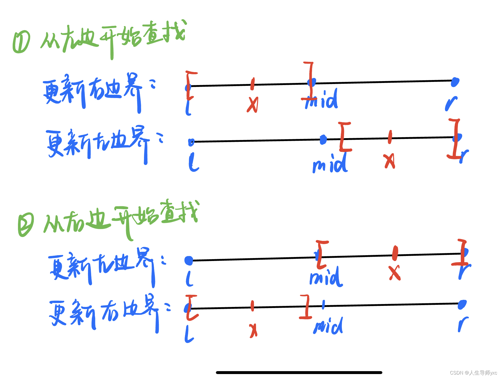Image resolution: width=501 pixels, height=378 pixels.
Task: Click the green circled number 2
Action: [x=26, y=224]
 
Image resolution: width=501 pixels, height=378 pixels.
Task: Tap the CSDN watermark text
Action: [x=473, y=372]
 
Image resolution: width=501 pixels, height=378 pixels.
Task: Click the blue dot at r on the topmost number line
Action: [x=455, y=82]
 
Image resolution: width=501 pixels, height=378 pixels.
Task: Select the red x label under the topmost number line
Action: [x=253, y=105]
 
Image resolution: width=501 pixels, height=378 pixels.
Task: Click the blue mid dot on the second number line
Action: [x=323, y=139]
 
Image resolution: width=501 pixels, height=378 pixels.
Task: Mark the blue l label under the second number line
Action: [x=193, y=162]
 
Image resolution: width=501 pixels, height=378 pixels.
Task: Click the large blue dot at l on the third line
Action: [x=189, y=260]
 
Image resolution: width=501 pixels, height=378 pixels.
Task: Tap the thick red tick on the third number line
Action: [x=395, y=253]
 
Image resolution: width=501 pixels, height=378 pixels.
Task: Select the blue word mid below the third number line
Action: [x=326, y=278]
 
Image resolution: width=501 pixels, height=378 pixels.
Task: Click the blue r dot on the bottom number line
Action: [x=462, y=304]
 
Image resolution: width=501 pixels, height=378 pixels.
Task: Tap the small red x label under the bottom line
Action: [x=253, y=330]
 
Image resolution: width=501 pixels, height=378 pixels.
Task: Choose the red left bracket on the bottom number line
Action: [x=190, y=307]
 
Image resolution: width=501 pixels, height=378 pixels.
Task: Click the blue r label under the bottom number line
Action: [x=462, y=324]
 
